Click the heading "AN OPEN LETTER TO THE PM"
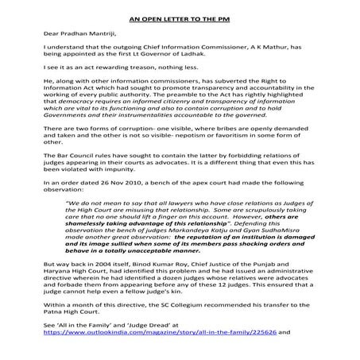pos(179,16)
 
